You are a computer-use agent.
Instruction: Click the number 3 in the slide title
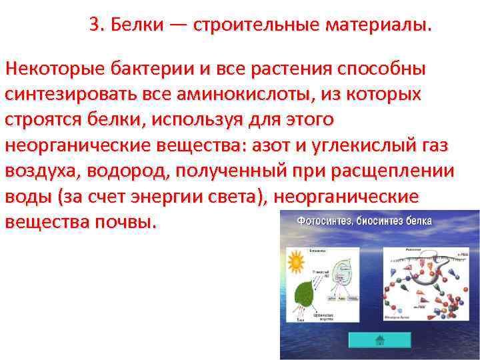(x=94, y=25)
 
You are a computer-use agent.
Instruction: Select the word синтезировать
(x=72, y=94)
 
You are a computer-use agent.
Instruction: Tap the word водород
(x=133, y=171)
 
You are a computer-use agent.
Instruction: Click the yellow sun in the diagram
(x=296, y=261)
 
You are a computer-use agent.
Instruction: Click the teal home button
(x=379, y=339)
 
